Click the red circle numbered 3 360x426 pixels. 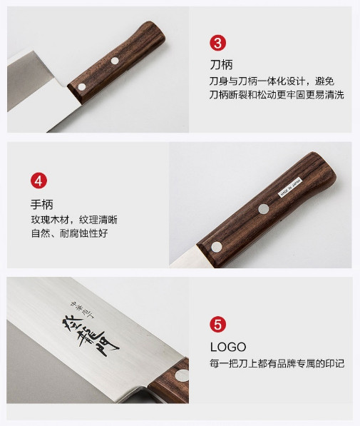(x=217, y=43)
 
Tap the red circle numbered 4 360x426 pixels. (x=38, y=181)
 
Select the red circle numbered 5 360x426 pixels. (x=217, y=325)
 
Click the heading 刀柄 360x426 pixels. (x=221, y=65)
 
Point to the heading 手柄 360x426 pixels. (x=42, y=204)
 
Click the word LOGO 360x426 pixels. (x=228, y=347)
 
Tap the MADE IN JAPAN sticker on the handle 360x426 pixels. (x=291, y=187)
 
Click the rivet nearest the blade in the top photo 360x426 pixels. (x=82, y=86)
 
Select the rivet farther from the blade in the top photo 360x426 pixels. (x=115, y=61)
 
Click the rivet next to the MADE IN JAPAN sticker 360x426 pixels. (x=263, y=209)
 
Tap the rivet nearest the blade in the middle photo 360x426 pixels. (x=217, y=247)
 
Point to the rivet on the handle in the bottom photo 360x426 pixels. (x=182, y=376)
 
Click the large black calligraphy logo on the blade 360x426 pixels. (x=91, y=336)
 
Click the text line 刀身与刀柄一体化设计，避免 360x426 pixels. (x=272, y=81)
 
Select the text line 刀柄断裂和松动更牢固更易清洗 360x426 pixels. (x=277, y=95)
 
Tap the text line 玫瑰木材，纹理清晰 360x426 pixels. (x=74, y=220)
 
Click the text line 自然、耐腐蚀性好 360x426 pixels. (x=69, y=233)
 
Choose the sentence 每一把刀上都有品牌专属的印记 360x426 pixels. (x=277, y=363)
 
